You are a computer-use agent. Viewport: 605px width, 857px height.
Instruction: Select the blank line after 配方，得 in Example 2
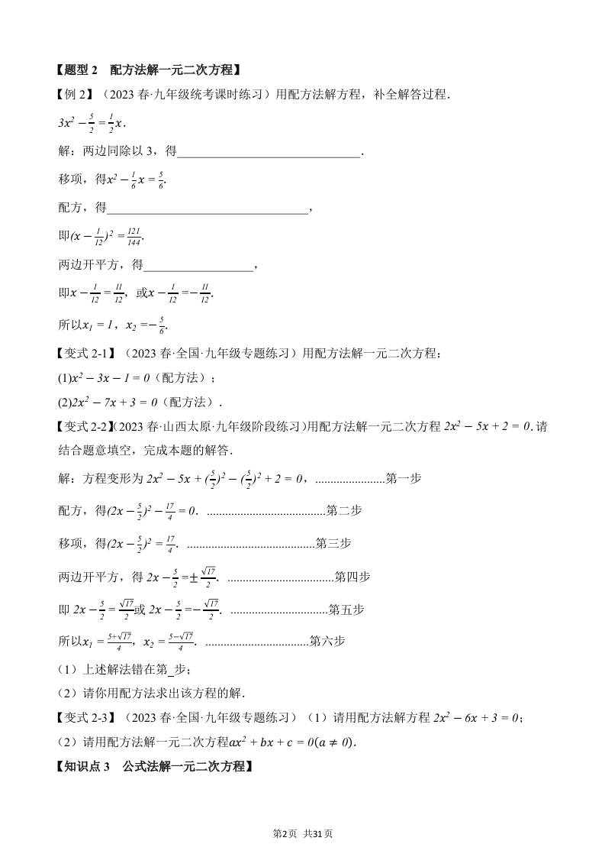point(209,208)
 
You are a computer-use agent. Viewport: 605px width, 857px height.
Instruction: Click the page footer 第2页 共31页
point(303,833)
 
